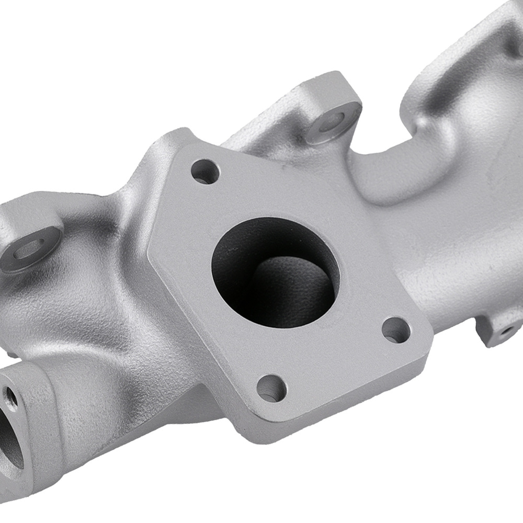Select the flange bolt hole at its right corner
(x=396, y=329)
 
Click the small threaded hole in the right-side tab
(x=505, y=331)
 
